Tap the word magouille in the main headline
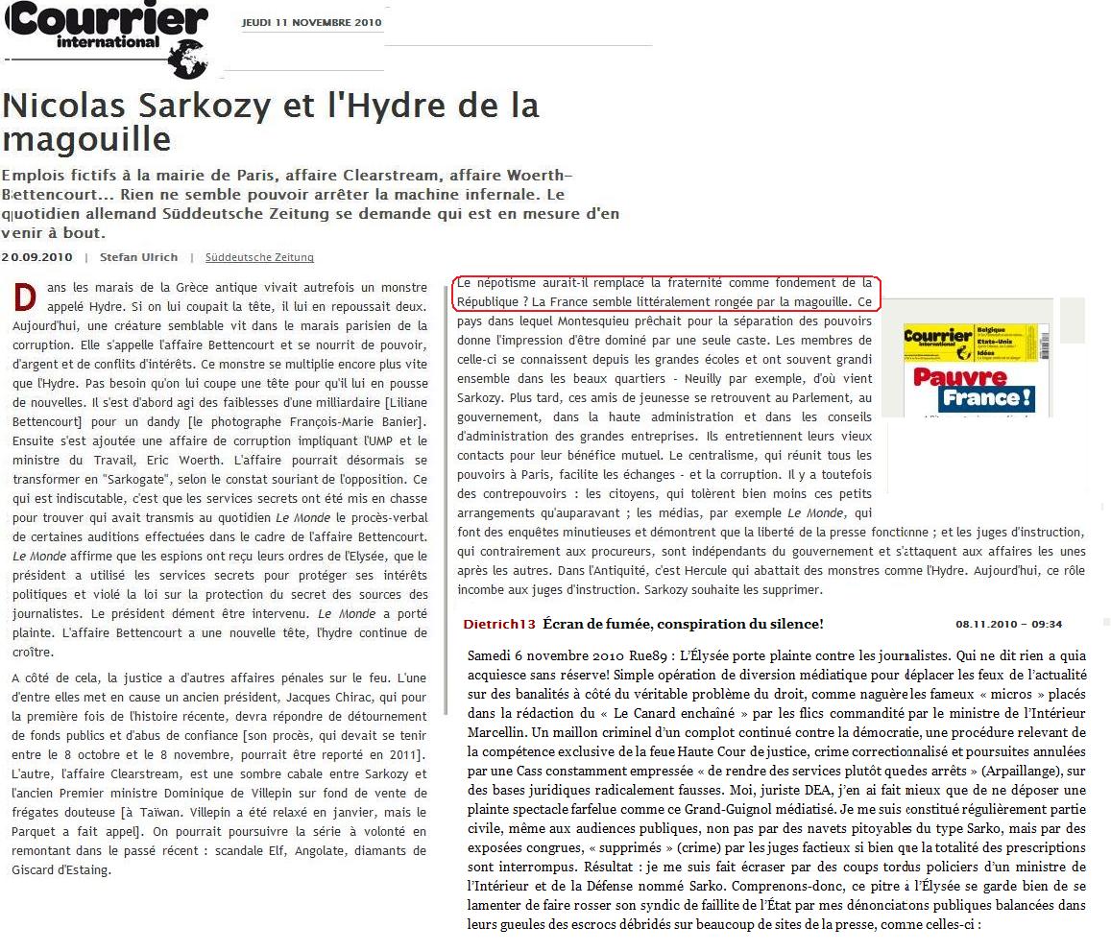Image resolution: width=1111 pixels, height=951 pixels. click(86, 139)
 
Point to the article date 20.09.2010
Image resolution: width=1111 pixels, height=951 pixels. click(36, 257)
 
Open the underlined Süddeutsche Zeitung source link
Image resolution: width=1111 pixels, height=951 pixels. click(259, 257)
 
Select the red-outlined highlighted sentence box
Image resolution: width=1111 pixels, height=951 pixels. click(665, 293)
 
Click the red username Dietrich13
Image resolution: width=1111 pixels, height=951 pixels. click(498, 624)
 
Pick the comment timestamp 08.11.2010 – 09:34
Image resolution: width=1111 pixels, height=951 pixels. click(1008, 624)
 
